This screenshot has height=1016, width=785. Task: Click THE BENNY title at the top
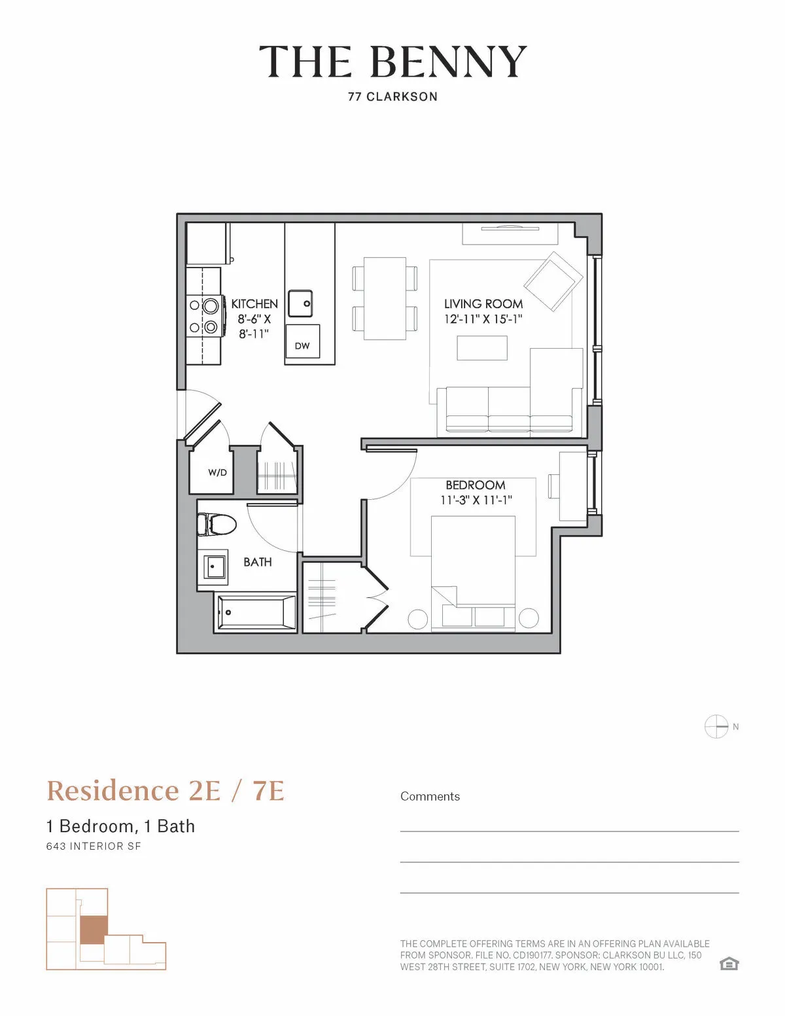coord(392,62)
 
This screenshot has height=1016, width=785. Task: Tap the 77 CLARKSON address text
coord(392,97)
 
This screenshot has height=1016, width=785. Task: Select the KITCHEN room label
coord(254,304)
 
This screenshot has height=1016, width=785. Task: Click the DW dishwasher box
coord(302,345)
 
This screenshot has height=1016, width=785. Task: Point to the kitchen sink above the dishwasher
coord(300,304)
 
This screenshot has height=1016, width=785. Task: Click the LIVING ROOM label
coord(483,304)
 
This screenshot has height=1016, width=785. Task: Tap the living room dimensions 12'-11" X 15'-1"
coord(483,320)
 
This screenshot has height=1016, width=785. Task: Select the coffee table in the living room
coord(482,347)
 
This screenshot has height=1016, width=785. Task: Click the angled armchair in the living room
coord(553,281)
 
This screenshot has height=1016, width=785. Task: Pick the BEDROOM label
coord(476,485)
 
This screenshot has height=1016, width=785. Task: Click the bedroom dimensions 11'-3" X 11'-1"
coord(476,500)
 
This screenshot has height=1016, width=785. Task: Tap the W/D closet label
coord(217,472)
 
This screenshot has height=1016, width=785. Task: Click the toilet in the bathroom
coord(217,524)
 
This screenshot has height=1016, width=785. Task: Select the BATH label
coord(257,562)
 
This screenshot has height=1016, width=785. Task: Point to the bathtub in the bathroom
coord(256,612)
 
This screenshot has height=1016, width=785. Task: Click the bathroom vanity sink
coord(213,567)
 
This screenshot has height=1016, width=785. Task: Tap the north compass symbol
coord(716,727)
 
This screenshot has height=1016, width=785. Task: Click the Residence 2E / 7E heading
coord(166,790)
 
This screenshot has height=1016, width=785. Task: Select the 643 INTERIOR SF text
coord(94,846)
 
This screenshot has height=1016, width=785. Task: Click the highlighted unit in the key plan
coord(92,929)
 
